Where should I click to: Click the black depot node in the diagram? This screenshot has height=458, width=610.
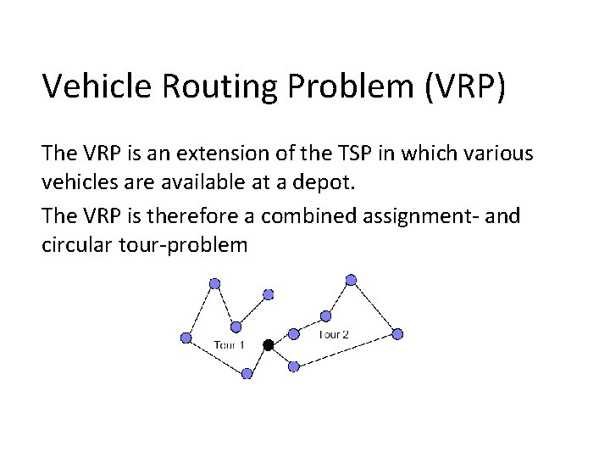pyautogui.click(x=268, y=345)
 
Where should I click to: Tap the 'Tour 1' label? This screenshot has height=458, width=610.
pyautogui.click(x=229, y=344)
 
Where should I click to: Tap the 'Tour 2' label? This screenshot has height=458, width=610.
pyautogui.click(x=333, y=334)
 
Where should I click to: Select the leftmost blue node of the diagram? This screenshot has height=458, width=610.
pyautogui.click(x=186, y=338)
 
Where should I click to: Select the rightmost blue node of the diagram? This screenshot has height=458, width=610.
pyautogui.click(x=398, y=334)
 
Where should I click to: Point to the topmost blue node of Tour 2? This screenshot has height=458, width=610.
pyautogui.click(x=352, y=279)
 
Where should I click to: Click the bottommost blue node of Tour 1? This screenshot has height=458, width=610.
pyautogui.click(x=247, y=373)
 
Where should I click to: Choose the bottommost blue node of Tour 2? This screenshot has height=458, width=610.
pyautogui.click(x=293, y=366)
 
